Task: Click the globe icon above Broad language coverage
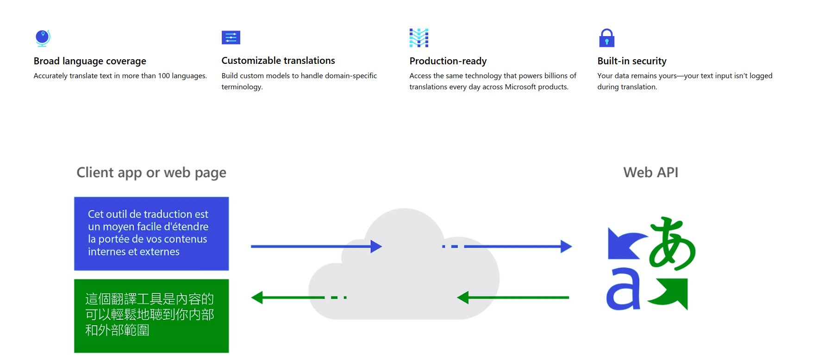coord(43,38)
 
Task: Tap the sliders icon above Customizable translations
coord(231,37)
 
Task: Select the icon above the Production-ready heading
coord(419,38)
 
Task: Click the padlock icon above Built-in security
coord(606,38)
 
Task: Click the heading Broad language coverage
coord(90,61)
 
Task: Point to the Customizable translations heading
coord(278,61)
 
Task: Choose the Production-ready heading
coord(448,61)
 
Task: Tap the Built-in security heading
coord(632,61)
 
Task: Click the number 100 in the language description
coord(164,76)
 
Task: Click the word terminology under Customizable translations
coord(242,87)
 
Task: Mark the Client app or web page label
coord(151,173)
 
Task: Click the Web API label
coord(650,173)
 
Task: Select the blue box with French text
coord(151,234)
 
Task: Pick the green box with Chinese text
coord(151,316)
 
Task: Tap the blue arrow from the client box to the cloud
coord(316,246)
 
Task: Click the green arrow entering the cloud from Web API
coord(513,298)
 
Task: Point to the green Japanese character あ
coord(672,243)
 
